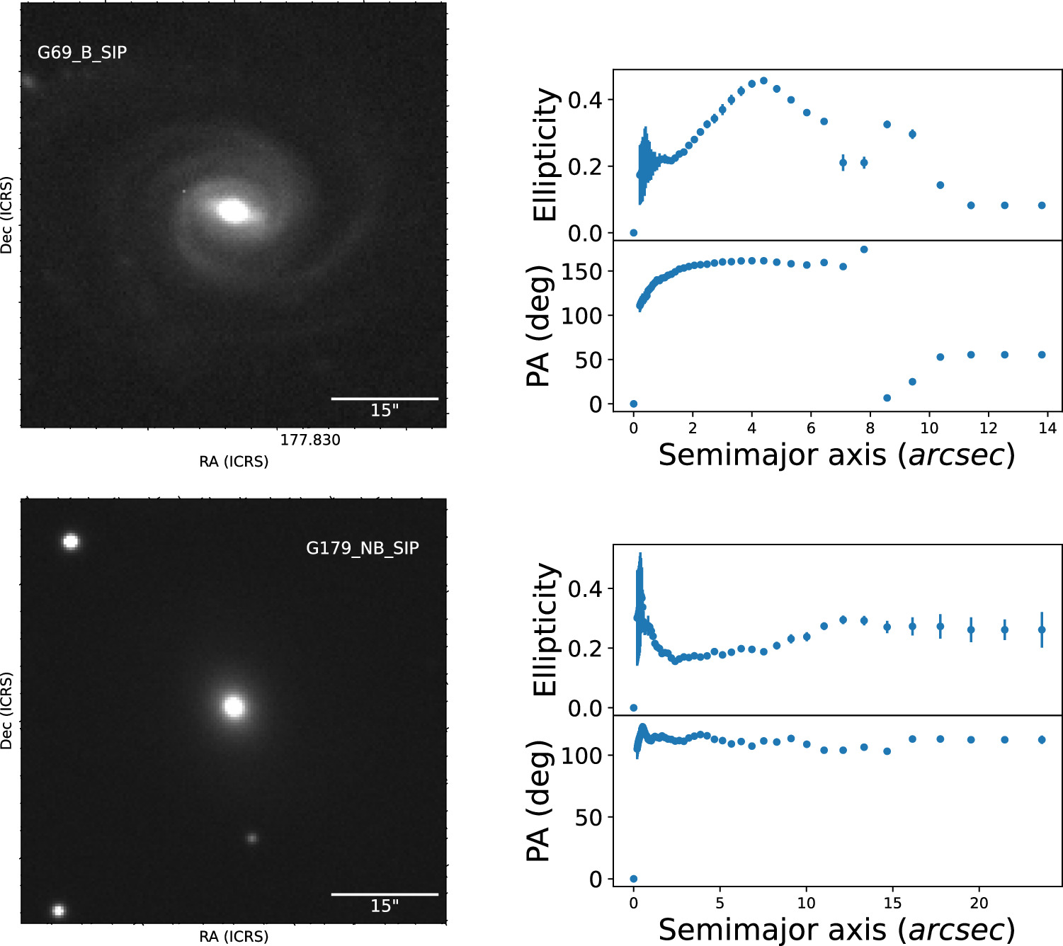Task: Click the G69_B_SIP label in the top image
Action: [82, 52]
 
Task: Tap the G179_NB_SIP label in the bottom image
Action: [363, 548]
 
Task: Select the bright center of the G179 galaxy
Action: [234, 706]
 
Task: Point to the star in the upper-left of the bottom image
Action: [70, 542]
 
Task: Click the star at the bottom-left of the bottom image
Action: [58, 911]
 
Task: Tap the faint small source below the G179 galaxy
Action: [251, 838]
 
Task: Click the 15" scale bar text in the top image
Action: [385, 410]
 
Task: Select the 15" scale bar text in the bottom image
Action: [385, 906]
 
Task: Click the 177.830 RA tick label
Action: [310, 440]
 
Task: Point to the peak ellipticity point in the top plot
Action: [763, 81]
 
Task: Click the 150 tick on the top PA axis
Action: [582, 271]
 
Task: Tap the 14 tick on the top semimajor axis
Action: [1047, 428]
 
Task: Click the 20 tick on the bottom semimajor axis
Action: [979, 903]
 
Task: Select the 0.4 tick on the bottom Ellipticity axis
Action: [586, 589]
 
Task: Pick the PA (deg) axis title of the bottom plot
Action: [540, 800]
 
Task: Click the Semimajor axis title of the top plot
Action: [836, 455]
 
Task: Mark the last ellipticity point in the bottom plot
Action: [1042, 629]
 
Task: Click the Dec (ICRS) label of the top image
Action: [7, 215]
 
